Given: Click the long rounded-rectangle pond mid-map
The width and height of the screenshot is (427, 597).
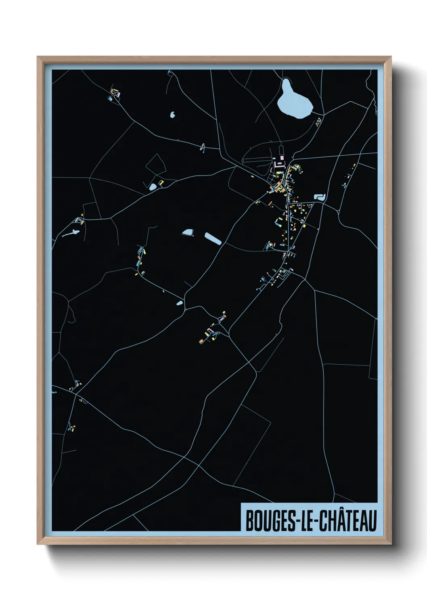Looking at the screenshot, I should [213, 239].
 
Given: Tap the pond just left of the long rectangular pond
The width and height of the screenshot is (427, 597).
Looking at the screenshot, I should [188, 232].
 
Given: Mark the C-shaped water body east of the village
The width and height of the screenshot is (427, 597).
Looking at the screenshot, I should [319, 197].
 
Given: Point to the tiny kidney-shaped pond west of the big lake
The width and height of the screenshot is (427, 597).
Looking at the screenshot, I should [173, 115].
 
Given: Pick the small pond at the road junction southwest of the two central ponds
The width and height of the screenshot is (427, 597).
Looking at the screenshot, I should [179, 303].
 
